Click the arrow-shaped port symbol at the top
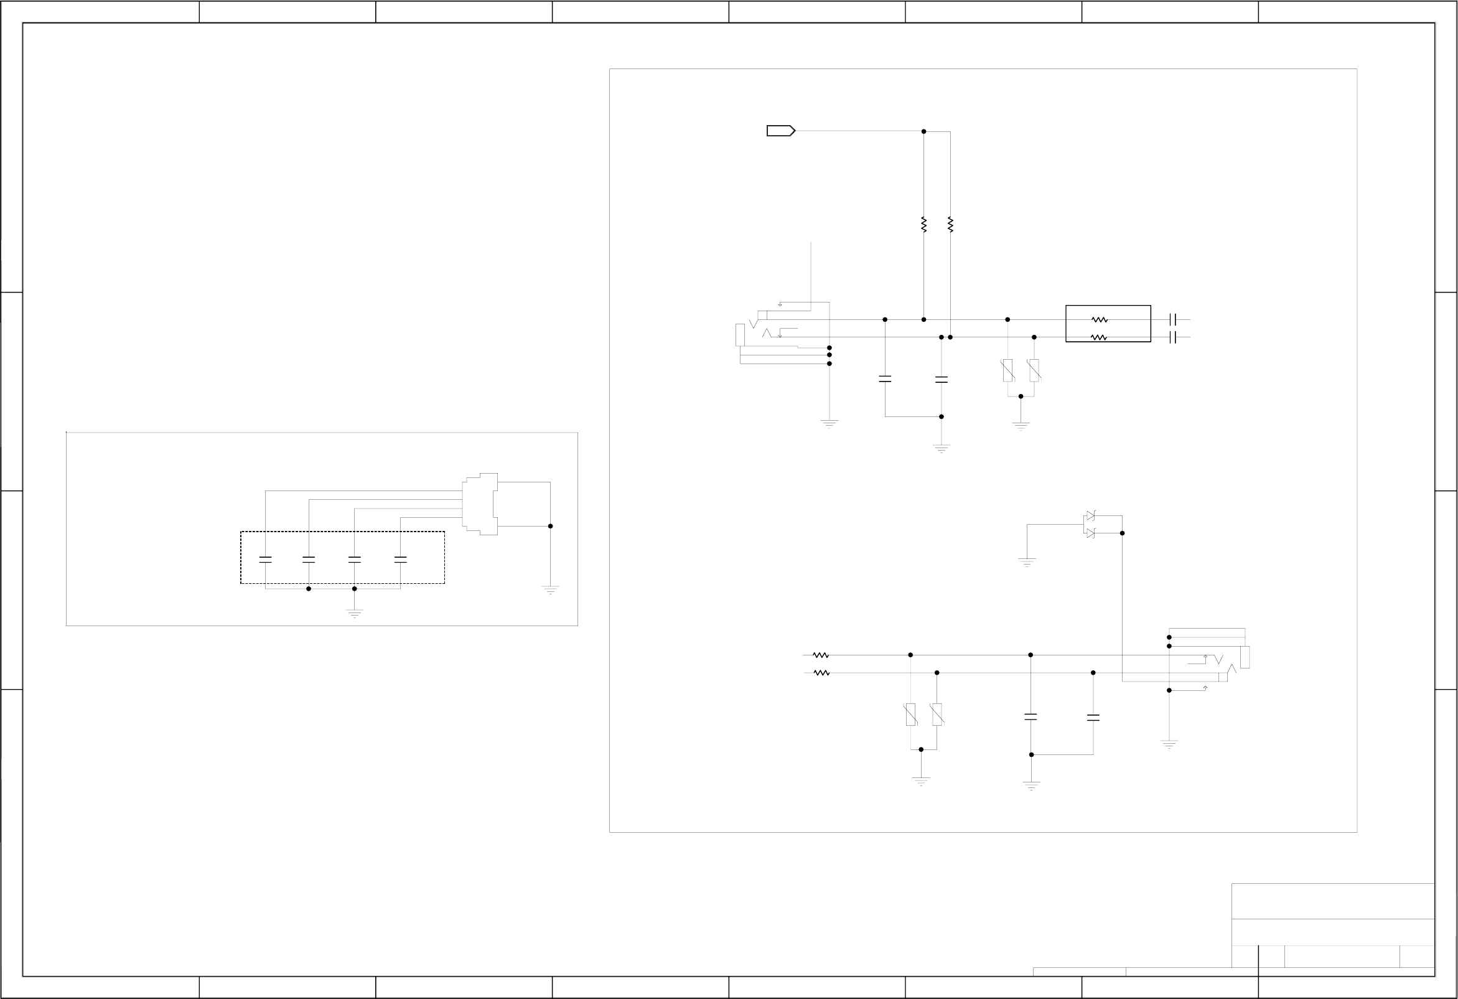click(x=780, y=131)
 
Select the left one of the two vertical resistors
click(x=923, y=224)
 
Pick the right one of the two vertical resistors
click(x=950, y=224)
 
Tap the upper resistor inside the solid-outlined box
click(x=1099, y=320)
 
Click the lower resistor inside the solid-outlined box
click(x=1099, y=337)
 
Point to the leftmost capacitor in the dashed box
click(x=265, y=560)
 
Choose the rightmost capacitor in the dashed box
click(x=400, y=560)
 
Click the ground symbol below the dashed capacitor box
click(x=355, y=613)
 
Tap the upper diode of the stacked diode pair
click(x=1090, y=516)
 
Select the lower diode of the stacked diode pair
click(x=1090, y=533)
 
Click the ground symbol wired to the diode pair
click(x=1027, y=561)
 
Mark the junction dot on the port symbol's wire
click(x=923, y=131)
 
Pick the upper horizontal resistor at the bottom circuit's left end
click(x=821, y=655)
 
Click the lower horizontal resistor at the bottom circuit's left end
click(x=821, y=673)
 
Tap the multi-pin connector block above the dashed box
click(x=480, y=504)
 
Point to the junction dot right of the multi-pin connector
click(x=550, y=526)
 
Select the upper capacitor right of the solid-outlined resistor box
click(x=1172, y=319)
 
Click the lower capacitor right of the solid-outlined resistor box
click(x=1172, y=337)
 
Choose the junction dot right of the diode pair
click(x=1123, y=533)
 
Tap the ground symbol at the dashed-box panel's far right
click(x=550, y=589)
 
